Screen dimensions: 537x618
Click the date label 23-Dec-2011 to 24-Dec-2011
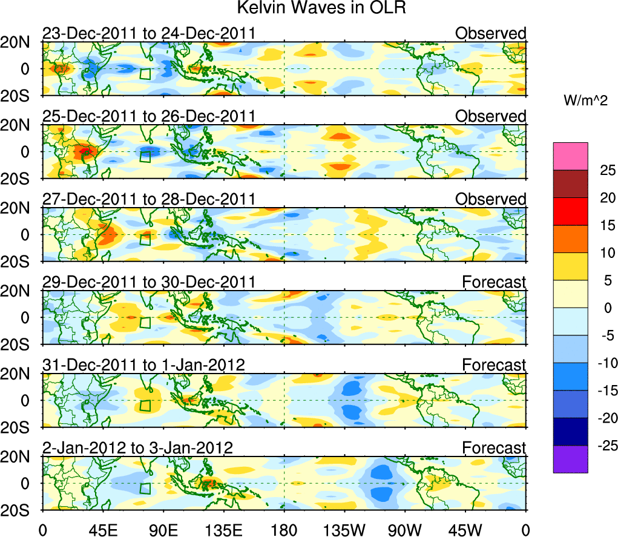point(148,33)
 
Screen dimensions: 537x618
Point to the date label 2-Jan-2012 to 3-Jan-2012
point(137,448)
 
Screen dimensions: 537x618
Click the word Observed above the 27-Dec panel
point(490,199)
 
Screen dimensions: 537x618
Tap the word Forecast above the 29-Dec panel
point(494,282)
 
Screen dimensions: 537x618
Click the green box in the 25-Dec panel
point(145,157)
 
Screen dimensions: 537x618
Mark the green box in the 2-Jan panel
point(145,489)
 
